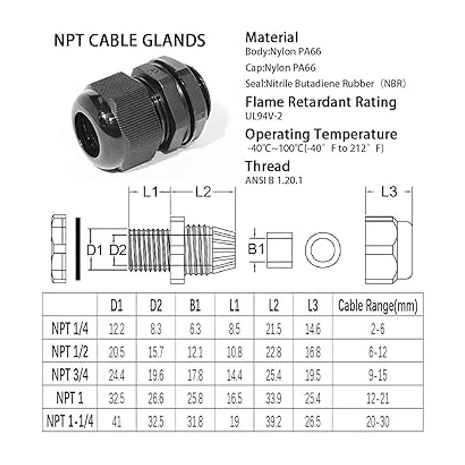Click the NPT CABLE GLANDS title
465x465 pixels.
click(x=129, y=40)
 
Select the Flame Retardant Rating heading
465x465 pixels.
click(x=321, y=102)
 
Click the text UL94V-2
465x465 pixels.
click(x=264, y=116)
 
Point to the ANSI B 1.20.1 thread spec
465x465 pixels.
click(x=274, y=180)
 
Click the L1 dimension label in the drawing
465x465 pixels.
click(x=150, y=192)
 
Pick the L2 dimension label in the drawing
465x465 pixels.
click(x=203, y=192)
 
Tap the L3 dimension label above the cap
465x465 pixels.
click(x=389, y=192)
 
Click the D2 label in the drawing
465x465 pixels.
click(x=118, y=250)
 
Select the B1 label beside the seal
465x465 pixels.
click(x=256, y=249)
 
